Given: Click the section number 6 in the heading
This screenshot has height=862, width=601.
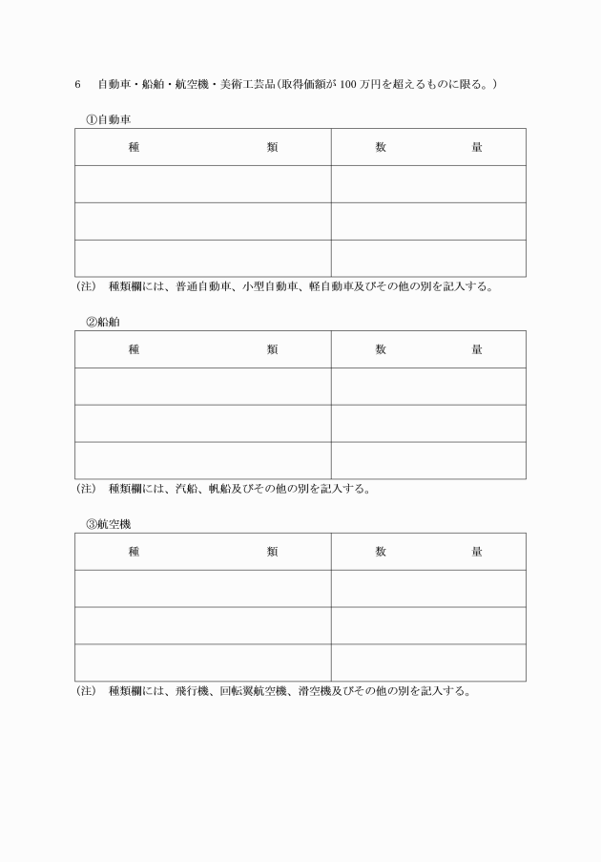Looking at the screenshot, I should [x=77, y=84].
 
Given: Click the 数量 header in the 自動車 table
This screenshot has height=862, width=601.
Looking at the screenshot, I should [x=428, y=147].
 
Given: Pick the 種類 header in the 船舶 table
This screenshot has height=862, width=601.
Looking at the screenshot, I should [x=203, y=349].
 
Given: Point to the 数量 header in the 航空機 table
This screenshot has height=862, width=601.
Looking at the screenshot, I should [x=428, y=552].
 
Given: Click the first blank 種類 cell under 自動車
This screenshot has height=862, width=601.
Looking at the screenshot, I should [x=203, y=184].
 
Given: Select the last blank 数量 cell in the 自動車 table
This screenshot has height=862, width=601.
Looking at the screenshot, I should [x=428, y=259].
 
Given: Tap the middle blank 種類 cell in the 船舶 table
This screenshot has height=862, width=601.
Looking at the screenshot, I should [x=203, y=424].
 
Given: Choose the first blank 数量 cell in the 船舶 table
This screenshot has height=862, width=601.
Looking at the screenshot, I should [x=428, y=387].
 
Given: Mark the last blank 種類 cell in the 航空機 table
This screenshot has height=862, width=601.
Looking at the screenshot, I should [x=203, y=662].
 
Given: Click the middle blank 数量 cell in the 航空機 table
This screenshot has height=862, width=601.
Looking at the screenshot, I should [x=428, y=625].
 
